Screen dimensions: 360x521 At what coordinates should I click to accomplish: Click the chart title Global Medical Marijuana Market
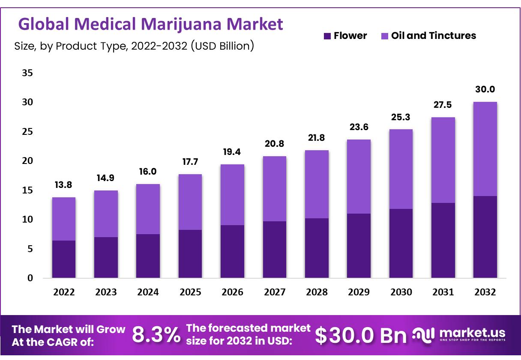tap(151, 24)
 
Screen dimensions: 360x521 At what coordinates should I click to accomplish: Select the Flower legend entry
tap(345, 36)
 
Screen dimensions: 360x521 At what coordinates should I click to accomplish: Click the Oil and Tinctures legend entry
tap(428, 36)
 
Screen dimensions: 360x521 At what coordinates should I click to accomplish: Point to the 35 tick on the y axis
tap(27, 73)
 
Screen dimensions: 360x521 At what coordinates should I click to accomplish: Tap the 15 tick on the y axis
tap(27, 190)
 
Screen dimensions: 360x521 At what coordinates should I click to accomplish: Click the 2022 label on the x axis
tap(64, 292)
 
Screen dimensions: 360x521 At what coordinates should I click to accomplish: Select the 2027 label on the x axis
tap(275, 292)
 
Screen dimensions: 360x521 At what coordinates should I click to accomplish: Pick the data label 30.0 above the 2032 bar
tap(485, 89)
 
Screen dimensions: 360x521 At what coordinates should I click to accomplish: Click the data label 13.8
tap(63, 185)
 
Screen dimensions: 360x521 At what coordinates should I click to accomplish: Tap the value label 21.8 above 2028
tap(317, 138)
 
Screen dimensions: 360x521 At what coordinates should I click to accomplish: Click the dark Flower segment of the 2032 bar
tap(485, 237)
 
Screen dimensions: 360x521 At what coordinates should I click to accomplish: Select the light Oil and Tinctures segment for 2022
tap(63, 219)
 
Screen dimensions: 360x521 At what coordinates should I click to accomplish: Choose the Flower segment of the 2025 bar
tap(190, 254)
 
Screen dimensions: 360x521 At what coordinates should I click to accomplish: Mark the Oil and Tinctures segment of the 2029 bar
tap(359, 176)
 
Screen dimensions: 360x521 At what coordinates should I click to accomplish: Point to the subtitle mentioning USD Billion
tap(134, 46)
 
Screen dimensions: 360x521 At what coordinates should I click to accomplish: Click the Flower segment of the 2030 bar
tap(401, 243)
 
